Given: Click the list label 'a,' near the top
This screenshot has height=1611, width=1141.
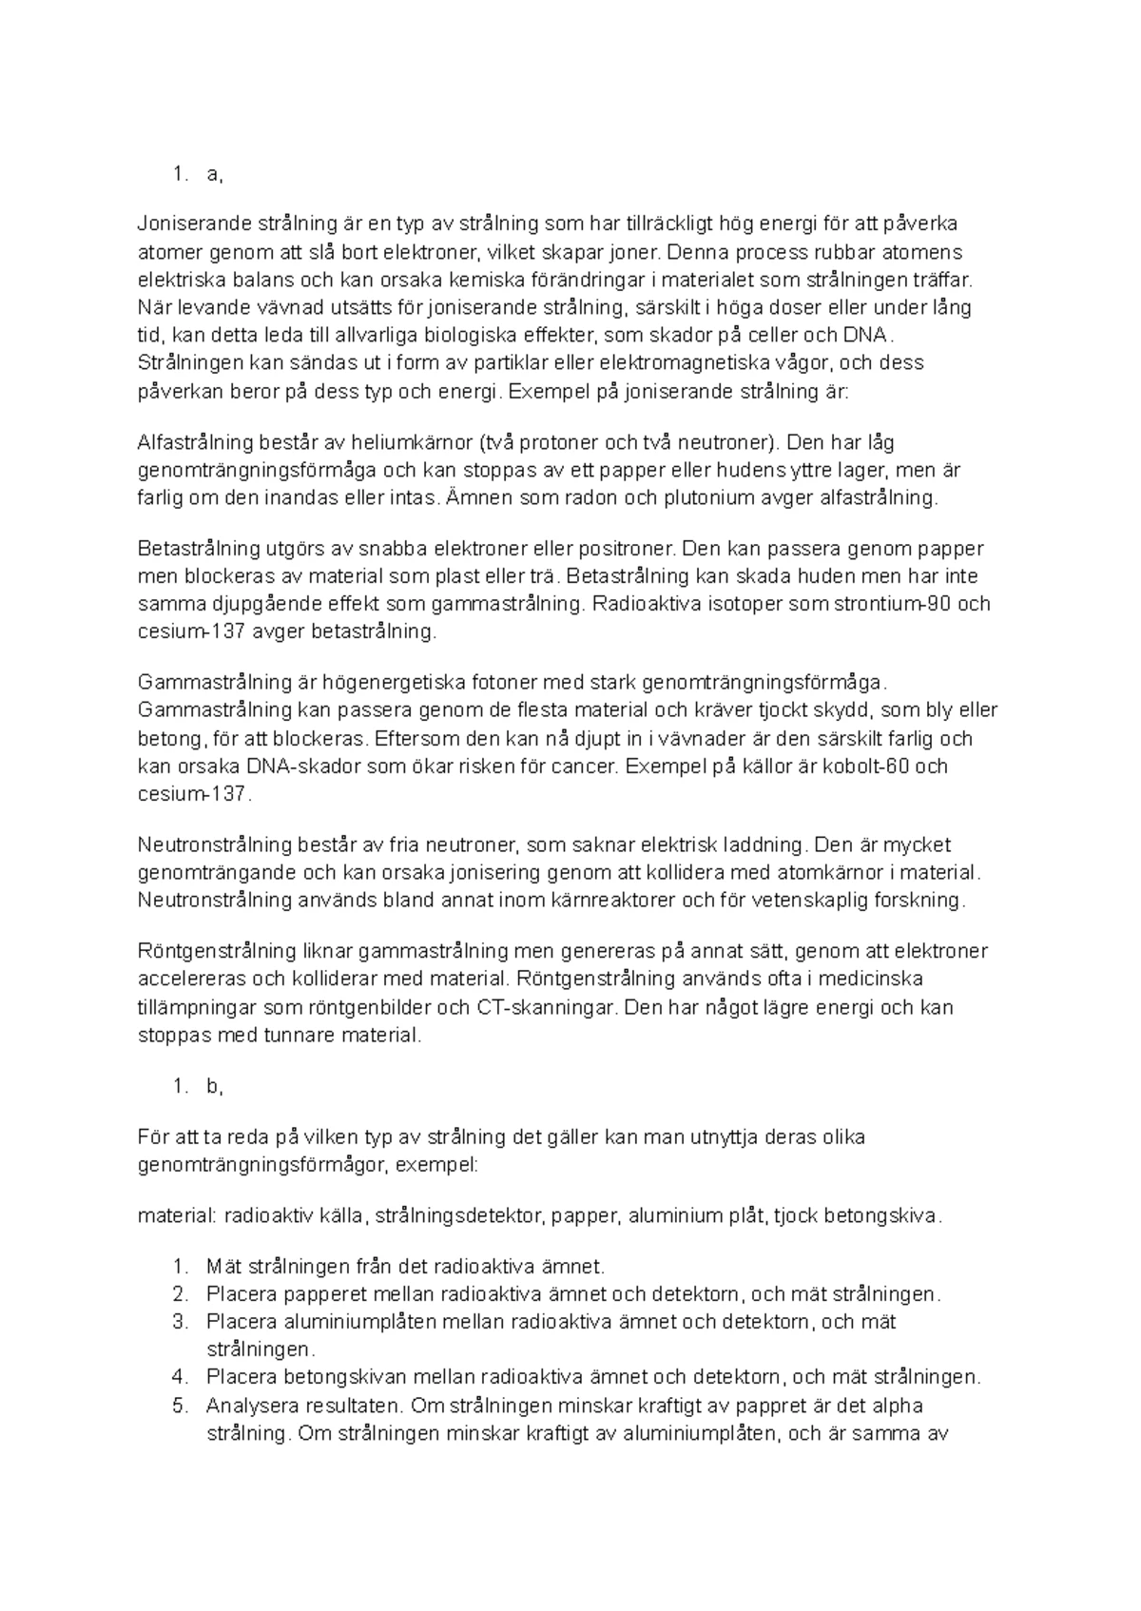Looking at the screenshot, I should coord(214,174).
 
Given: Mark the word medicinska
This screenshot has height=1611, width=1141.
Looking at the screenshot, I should coord(869,979).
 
